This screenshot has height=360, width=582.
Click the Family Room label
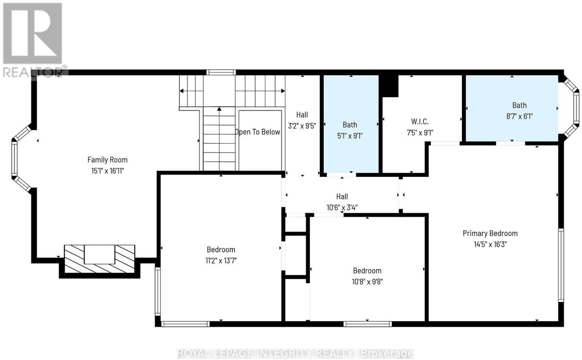point(107,160)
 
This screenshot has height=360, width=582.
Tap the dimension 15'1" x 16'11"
point(107,171)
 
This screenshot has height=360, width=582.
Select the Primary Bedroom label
point(490,233)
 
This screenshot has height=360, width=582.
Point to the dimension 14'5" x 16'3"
point(490,244)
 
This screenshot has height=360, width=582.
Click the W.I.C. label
point(420,121)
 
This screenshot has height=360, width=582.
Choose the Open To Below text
point(258,132)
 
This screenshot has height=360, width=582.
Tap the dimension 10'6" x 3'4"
point(342,208)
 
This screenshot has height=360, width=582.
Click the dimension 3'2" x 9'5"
point(302,126)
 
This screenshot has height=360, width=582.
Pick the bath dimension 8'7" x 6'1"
point(519,116)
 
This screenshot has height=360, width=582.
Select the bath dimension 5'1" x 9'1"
point(350,136)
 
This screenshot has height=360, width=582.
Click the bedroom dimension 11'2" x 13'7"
point(221,260)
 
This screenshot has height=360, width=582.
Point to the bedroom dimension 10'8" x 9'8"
point(367,281)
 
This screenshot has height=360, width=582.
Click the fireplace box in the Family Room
point(100,259)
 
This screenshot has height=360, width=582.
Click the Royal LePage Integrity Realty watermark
point(295,353)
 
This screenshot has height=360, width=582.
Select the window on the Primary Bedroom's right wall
point(561,265)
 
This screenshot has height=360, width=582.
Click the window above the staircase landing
point(221,72)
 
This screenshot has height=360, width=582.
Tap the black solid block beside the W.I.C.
point(389,86)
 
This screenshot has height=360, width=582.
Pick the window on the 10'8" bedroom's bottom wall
point(367,324)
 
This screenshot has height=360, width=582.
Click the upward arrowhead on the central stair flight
point(219,109)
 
